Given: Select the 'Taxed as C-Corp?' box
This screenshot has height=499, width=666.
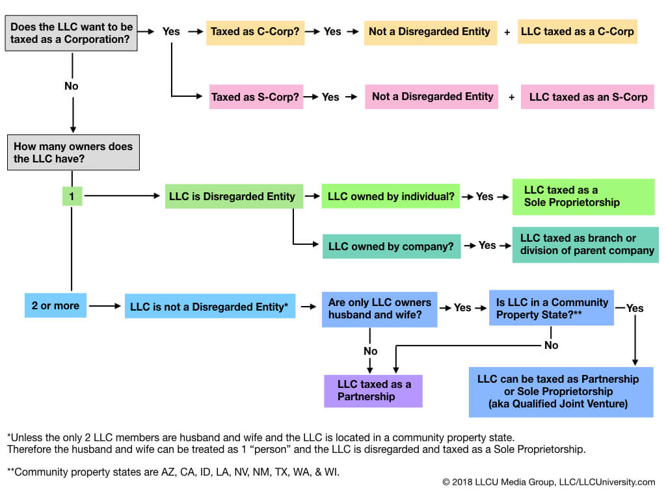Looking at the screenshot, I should pyautogui.click(x=254, y=31).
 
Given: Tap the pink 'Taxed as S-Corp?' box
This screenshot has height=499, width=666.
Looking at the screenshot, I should pyautogui.click(x=256, y=97).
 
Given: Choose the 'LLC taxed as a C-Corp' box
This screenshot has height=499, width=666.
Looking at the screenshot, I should pyautogui.click(x=577, y=31).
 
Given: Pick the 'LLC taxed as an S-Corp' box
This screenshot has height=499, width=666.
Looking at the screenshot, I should pyautogui.click(x=587, y=97).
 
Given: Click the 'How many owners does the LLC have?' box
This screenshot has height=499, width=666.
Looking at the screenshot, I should pyautogui.click(x=73, y=153).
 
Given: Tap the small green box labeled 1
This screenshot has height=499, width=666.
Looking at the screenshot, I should pyautogui.click(x=72, y=195).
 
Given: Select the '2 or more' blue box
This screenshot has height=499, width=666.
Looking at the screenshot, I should pyautogui.click(x=55, y=305).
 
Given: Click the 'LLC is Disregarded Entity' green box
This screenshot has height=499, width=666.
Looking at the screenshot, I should pyautogui.click(x=232, y=196).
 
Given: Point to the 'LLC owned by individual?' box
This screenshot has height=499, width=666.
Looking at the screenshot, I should pyautogui.click(x=390, y=196).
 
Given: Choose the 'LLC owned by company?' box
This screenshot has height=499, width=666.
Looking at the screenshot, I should pyautogui.click(x=392, y=246).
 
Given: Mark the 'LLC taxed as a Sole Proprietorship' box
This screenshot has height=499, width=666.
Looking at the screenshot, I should pyautogui.click(x=583, y=196).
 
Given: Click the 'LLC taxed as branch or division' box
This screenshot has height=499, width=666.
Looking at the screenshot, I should pyautogui.click(x=585, y=244).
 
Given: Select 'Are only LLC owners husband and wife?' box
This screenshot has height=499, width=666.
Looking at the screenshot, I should pyautogui.click(x=379, y=309).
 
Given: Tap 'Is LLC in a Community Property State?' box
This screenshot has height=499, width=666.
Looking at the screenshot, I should pyautogui.click(x=552, y=308).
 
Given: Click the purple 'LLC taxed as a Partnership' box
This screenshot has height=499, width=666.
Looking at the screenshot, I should pyautogui.click(x=373, y=390).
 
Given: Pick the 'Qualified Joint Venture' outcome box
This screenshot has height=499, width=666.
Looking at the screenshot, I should pyautogui.click(x=561, y=391).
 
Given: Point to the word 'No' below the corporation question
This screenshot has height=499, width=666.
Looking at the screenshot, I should pyautogui.click(x=72, y=86).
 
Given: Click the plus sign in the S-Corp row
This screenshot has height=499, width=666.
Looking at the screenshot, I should pyautogui.click(x=511, y=97).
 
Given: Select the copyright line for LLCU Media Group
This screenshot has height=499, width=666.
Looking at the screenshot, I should pyautogui.click(x=548, y=482).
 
